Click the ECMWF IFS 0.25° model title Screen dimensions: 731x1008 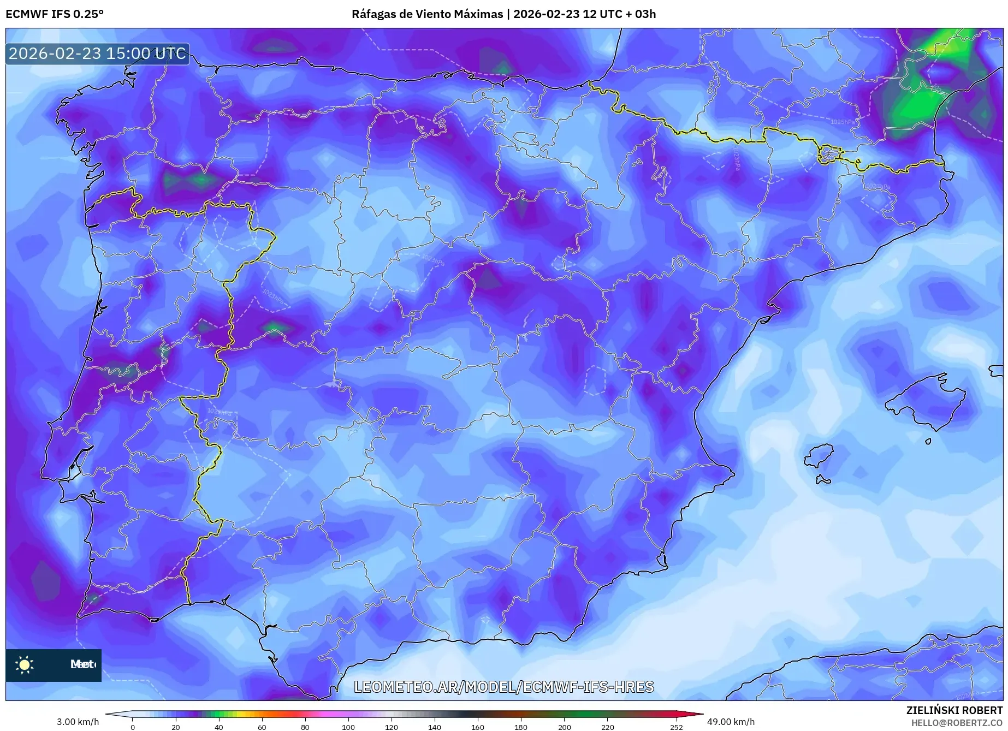[55, 14]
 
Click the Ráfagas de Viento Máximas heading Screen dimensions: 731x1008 [427, 14]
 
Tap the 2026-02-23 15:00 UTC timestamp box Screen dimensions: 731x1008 [97, 54]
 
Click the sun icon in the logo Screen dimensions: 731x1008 [25, 664]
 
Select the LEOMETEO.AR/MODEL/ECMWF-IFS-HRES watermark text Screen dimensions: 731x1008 [503, 687]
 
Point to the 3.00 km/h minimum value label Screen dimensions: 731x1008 [78, 722]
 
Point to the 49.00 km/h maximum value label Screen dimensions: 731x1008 [731, 722]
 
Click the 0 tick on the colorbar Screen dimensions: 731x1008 [133, 727]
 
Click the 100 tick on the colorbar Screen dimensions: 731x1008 [348, 727]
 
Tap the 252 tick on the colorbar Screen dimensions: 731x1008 [677, 727]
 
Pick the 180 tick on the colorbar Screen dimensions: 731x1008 [521, 727]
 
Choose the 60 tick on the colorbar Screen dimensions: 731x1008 [262, 727]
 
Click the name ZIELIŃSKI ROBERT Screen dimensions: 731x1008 [954, 710]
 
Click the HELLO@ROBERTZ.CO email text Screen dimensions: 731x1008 [957, 723]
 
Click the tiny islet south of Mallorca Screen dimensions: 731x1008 [928, 441]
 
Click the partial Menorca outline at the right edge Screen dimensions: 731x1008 [997, 371]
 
